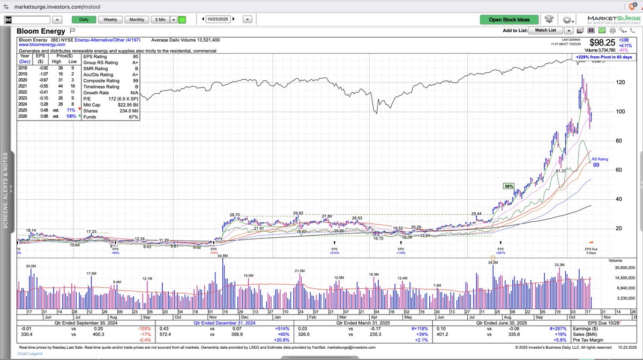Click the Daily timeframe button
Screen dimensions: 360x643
click(84, 20)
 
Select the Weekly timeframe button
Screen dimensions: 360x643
click(110, 20)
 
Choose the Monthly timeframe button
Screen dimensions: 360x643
click(137, 20)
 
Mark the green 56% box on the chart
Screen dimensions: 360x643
click(509, 186)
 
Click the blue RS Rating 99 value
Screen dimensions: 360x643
click(596, 165)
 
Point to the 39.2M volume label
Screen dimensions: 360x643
click(493, 262)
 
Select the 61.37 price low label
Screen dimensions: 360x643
click(561, 170)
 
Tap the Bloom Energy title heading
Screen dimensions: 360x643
click(41, 32)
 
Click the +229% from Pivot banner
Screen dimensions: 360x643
click(603, 57)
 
